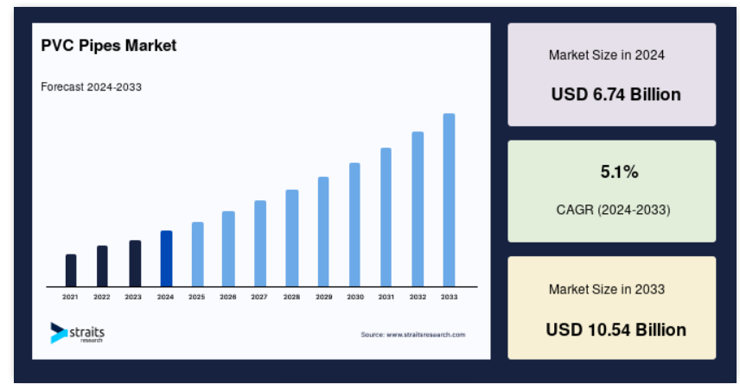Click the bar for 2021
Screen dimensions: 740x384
tap(71, 270)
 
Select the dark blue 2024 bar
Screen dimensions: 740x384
tap(166, 259)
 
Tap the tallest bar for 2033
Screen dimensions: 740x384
tap(449, 200)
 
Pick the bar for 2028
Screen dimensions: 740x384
tap(291, 238)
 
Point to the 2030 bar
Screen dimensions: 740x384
tap(355, 224)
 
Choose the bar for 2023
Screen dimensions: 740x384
tap(135, 263)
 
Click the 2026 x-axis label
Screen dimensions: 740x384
tap(228, 298)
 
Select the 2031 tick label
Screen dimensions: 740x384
tap(386, 298)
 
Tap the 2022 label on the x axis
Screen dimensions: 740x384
tap(101, 298)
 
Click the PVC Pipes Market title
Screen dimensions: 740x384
tap(109, 46)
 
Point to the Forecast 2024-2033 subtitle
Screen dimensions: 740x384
tap(91, 87)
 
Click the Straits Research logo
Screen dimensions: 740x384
tap(78, 333)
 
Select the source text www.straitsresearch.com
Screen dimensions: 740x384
tap(425, 335)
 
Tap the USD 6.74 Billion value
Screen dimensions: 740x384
tap(616, 95)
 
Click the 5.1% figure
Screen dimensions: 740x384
tap(619, 172)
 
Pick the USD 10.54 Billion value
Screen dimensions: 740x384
tap(616, 330)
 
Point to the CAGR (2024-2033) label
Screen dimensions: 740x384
tap(613, 210)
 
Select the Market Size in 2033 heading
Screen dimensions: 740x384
tap(607, 289)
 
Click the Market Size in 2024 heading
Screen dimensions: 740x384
tap(607, 55)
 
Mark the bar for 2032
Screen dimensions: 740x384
tap(418, 209)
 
